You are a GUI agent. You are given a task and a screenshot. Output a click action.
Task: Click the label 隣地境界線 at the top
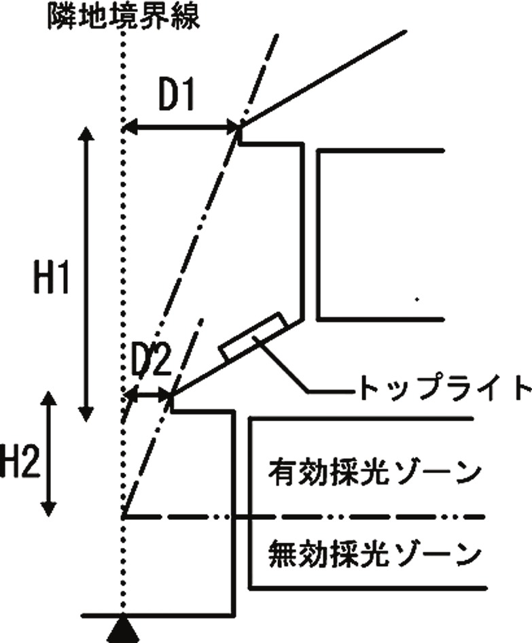[x=124, y=16]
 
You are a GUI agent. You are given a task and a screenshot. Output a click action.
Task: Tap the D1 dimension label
[x=177, y=96]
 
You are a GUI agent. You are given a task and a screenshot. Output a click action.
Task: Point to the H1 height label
[x=50, y=277]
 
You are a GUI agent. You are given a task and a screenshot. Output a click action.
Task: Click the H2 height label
[x=20, y=462]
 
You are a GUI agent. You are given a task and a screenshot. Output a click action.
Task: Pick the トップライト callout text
[x=445, y=387]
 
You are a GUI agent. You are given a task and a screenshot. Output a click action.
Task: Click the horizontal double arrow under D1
[x=181, y=128]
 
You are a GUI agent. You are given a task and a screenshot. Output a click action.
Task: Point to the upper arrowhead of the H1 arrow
[x=86, y=134]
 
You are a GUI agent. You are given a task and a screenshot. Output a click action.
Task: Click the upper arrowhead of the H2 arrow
[x=49, y=400]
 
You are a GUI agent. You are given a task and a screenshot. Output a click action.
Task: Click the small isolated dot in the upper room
[x=416, y=299]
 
